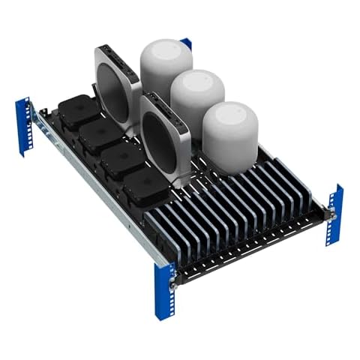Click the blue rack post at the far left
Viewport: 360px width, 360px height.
[24, 125]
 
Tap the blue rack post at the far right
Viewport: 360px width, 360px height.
[334, 213]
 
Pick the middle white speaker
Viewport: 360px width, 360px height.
[196, 95]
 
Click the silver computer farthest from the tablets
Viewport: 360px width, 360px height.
[118, 86]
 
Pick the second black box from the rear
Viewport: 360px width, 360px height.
[101, 136]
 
